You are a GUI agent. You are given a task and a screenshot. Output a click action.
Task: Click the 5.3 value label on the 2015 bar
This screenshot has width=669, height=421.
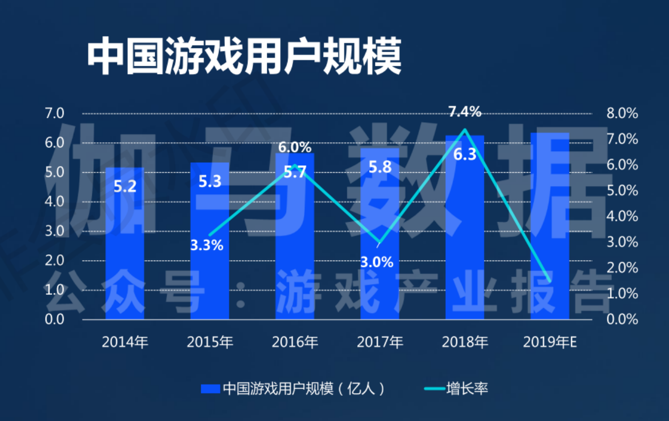click(210, 182)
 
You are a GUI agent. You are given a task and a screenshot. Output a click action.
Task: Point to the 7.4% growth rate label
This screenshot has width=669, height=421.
click(464, 112)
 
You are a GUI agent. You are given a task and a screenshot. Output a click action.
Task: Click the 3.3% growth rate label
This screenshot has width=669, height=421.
click(207, 244)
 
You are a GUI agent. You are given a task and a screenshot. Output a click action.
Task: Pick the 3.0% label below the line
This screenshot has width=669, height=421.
click(376, 262)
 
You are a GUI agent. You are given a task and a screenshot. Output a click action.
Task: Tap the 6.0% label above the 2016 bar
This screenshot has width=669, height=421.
click(294, 147)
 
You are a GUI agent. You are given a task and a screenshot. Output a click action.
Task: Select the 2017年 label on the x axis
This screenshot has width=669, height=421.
click(380, 342)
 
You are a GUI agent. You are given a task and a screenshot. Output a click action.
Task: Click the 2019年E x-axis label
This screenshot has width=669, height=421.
click(550, 342)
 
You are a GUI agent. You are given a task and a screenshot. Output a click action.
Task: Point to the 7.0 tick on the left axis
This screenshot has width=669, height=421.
click(55, 114)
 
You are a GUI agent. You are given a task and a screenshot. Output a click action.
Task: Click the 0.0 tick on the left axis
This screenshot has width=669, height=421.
click(55, 320)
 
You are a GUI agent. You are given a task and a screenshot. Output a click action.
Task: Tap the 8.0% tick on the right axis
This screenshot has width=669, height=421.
click(622, 114)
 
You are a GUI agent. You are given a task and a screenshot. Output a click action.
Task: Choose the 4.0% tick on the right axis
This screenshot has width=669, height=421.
click(622, 217)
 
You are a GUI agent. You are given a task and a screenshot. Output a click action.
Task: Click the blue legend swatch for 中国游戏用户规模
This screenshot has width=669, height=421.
click(210, 389)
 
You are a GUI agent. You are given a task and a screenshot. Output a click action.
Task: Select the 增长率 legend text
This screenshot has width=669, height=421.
click(467, 389)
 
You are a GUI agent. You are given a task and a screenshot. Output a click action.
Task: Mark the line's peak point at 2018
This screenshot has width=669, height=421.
click(464, 130)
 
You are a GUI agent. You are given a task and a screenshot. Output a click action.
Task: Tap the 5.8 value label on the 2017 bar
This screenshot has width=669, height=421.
click(380, 167)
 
